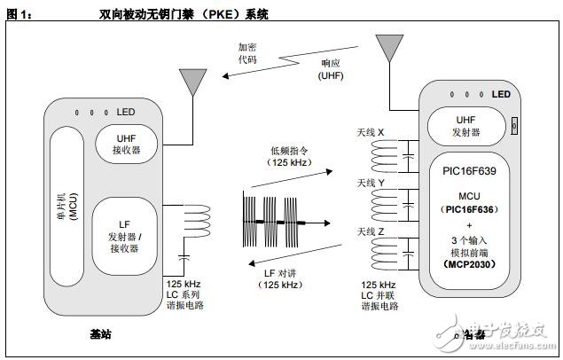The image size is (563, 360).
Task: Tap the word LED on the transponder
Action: click(x=502, y=95)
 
